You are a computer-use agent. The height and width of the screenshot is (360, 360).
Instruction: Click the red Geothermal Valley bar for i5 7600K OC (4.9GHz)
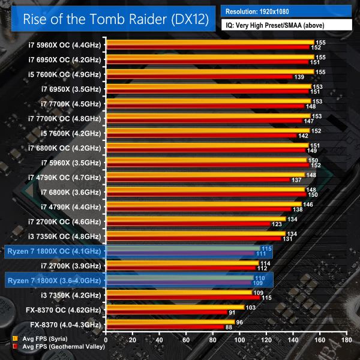(198, 77)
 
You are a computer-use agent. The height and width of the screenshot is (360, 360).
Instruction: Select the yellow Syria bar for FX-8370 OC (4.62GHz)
(175, 307)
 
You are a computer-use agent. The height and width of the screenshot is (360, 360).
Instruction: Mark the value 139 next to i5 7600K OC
(299, 77)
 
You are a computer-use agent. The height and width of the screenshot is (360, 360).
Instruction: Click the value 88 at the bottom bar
(229, 327)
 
